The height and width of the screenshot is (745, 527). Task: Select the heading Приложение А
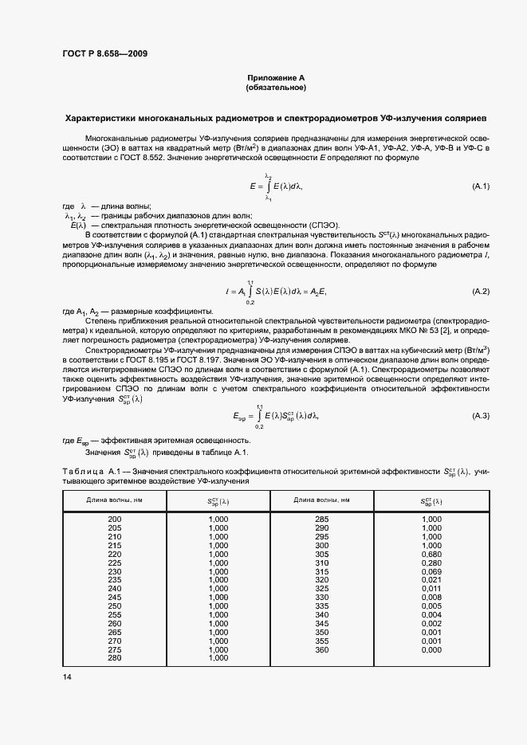(276, 77)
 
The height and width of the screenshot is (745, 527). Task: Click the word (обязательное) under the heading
(276, 87)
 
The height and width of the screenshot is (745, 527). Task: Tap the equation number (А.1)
(481, 186)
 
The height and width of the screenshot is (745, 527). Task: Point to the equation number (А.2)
(481, 292)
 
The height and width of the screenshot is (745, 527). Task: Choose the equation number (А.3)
(481, 416)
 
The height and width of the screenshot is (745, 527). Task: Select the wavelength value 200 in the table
(115, 519)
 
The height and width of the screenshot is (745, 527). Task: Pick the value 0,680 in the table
(431, 554)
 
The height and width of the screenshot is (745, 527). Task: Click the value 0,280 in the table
(431, 563)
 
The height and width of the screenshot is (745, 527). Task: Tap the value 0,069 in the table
(431, 571)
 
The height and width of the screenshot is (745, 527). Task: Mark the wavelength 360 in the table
(322, 649)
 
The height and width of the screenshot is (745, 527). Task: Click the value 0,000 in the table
(431, 649)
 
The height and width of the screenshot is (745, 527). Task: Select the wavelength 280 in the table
(115, 658)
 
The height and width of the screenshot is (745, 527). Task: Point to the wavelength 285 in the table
(322, 519)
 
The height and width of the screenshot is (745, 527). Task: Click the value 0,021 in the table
(431, 580)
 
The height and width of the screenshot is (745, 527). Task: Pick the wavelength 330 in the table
(322, 598)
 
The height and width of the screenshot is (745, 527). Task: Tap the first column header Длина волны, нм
(115, 500)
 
